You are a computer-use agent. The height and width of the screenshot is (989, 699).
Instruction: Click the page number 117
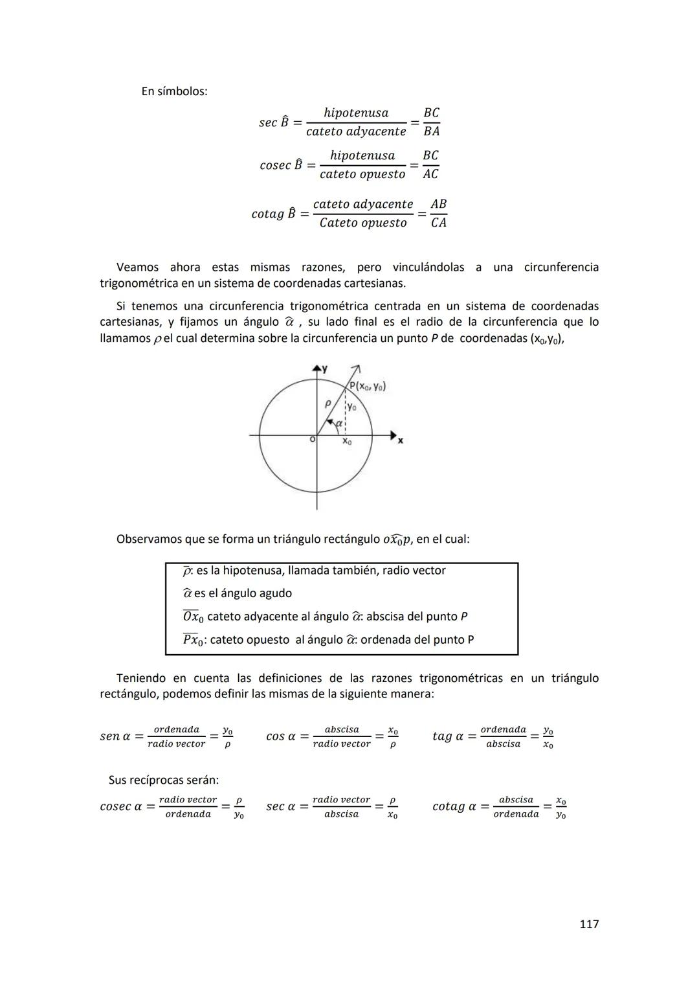(x=588, y=924)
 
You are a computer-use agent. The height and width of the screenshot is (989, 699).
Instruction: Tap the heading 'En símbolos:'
(x=174, y=91)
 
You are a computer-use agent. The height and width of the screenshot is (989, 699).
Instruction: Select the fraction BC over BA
(x=431, y=122)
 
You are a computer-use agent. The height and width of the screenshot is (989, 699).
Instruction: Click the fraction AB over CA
(x=438, y=213)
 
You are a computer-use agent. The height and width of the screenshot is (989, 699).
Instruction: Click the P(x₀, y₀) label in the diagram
(x=367, y=387)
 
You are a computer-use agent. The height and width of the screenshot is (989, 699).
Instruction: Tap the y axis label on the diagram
(x=324, y=369)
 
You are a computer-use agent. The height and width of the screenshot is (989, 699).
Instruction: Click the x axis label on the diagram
(x=400, y=440)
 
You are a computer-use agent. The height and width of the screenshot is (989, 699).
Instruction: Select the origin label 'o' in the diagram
(x=312, y=439)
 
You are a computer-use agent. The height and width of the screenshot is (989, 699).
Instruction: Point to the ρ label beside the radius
(x=328, y=403)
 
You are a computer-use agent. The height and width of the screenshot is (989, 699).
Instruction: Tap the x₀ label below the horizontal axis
(x=347, y=441)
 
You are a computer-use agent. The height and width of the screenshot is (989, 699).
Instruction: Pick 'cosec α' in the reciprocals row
(x=121, y=806)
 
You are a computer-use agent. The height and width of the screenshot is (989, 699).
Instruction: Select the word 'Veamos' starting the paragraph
(x=137, y=267)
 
